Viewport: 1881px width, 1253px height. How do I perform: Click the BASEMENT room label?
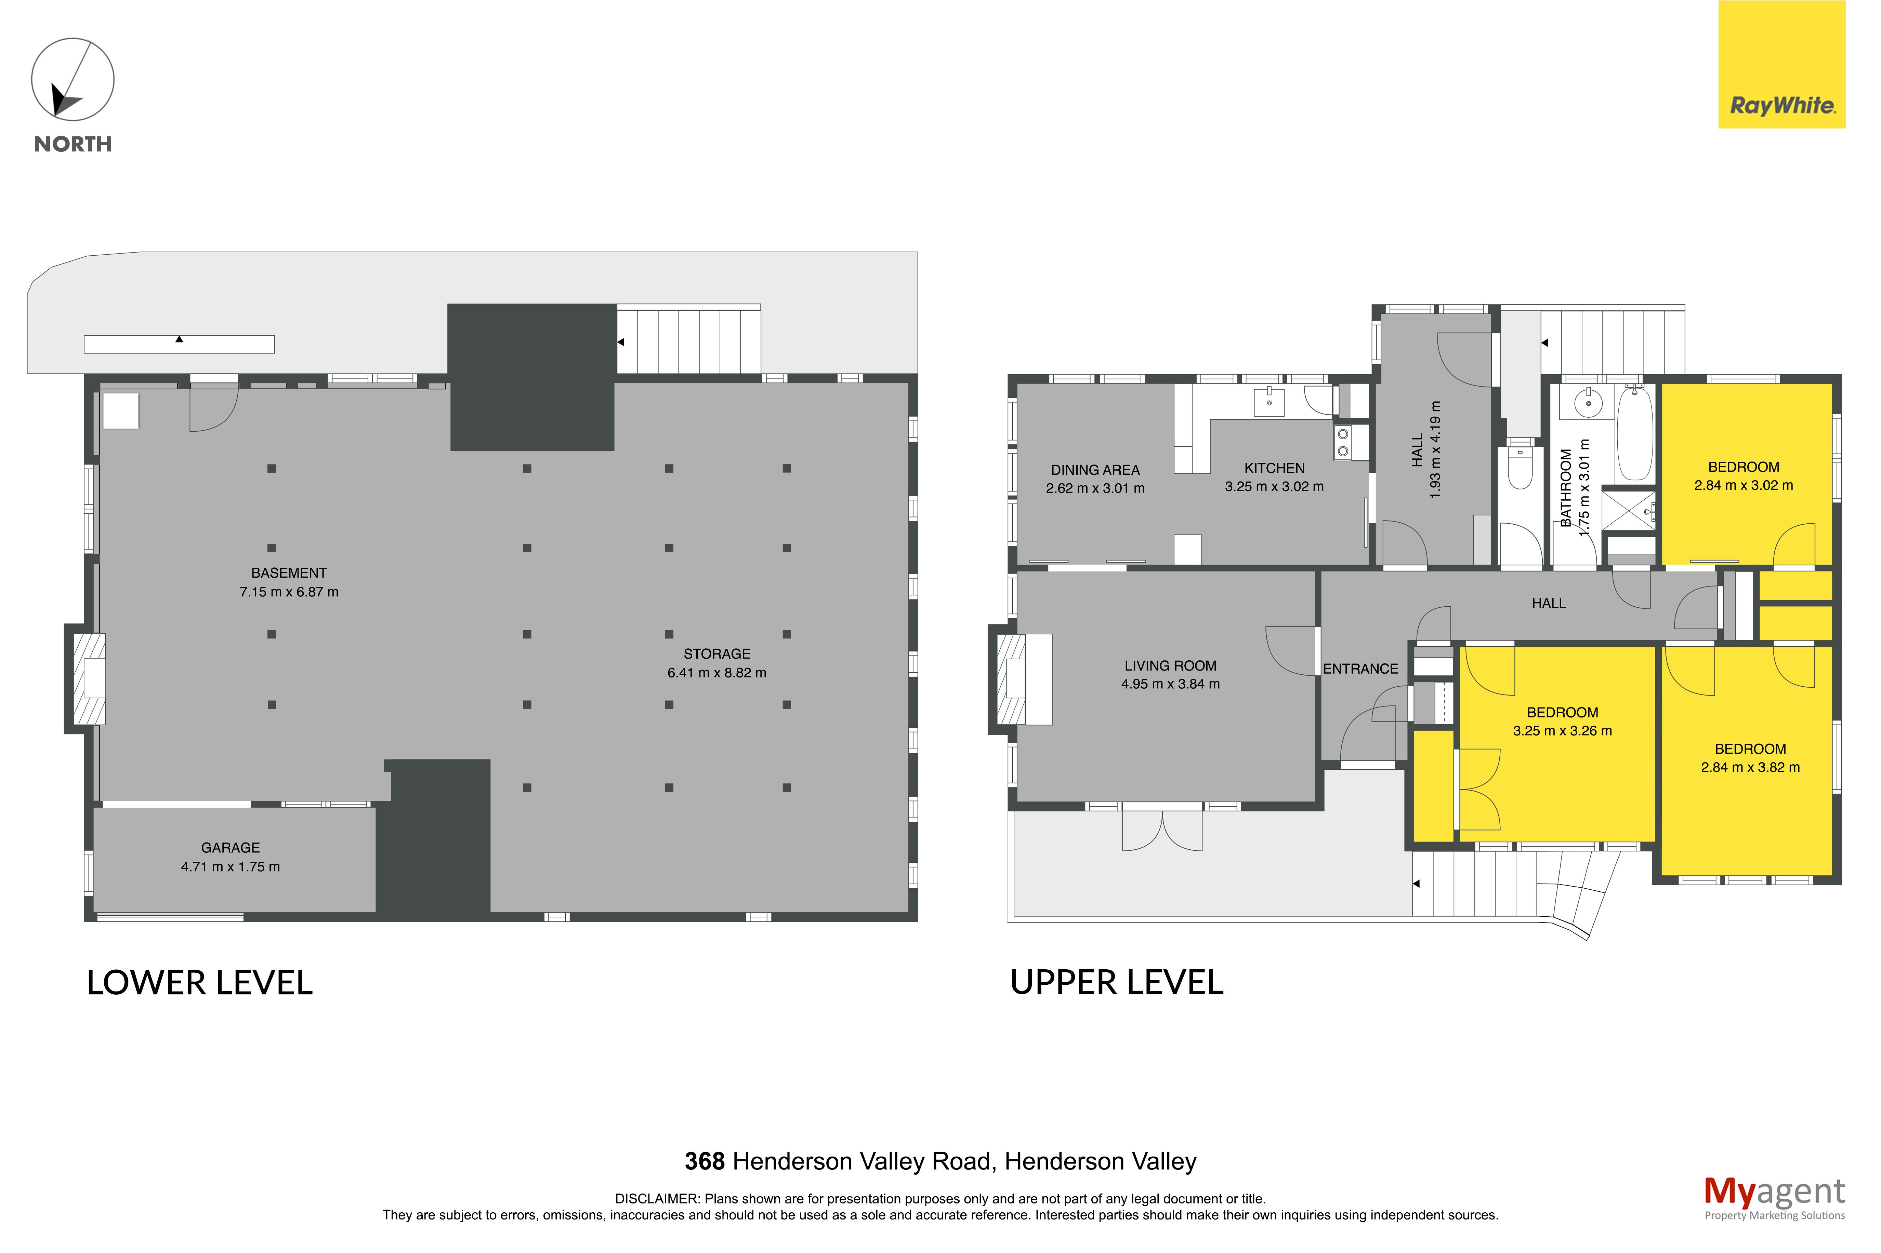tap(289, 573)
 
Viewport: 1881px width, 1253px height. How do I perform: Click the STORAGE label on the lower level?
tap(716, 654)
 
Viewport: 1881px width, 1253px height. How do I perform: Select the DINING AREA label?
tap(1094, 470)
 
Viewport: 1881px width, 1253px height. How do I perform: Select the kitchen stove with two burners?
tap(1343, 443)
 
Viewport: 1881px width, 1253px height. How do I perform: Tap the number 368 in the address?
tap(704, 1161)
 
